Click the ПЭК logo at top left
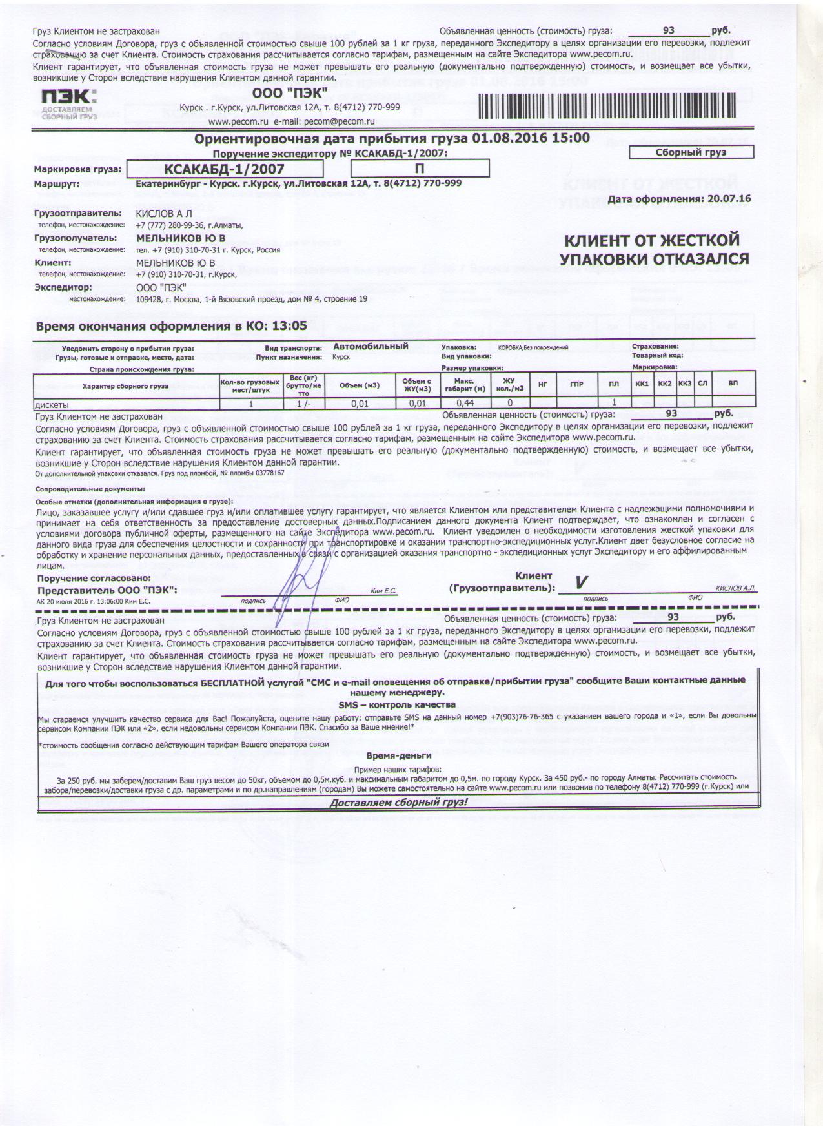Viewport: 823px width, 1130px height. pos(68,105)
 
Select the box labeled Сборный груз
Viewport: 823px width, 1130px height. pos(691,152)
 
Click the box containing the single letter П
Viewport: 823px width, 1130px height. pos(419,169)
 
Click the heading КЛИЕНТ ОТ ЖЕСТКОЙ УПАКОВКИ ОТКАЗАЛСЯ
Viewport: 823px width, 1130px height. pos(653,250)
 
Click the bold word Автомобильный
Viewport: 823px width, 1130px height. pos(371,346)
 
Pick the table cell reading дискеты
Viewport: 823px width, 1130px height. pos(51,404)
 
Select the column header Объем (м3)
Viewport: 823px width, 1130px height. pos(360,385)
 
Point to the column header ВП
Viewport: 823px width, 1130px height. pos(733,384)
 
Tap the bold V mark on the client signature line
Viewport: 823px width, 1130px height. pos(581,582)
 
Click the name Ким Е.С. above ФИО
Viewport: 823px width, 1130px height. pos(383,591)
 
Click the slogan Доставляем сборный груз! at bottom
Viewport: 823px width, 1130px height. pos(398,803)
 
